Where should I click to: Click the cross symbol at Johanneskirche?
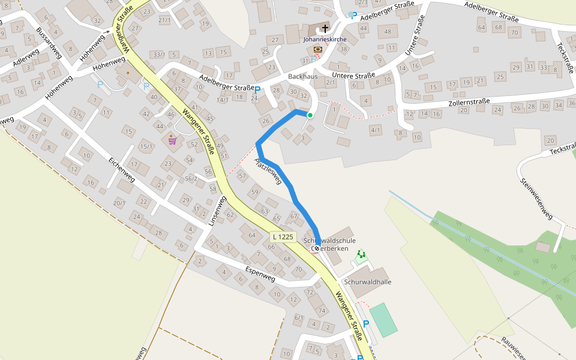coord(325,29)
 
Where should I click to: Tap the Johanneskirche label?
coord(325,40)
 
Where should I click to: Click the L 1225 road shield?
coord(283,237)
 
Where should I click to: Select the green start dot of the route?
coord(310,115)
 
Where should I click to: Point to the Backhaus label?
coord(302,77)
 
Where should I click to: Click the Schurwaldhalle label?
coord(368,281)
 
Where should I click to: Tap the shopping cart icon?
coord(173,140)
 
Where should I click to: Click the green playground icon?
coord(360,254)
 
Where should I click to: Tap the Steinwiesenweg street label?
coord(536,199)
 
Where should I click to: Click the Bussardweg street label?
coord(49,43)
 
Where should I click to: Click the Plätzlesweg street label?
coord(268,171)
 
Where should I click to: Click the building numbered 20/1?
coord(119,203)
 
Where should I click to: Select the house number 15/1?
coord(146,146)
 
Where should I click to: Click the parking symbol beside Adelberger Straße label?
coord(257,91)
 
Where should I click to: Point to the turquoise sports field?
coord(383,320)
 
